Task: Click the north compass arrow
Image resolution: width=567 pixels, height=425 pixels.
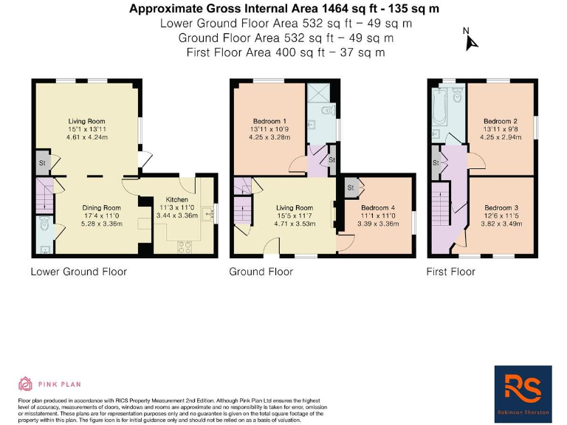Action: pos(470,41)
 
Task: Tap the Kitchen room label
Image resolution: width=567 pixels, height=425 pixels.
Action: pos(176,199)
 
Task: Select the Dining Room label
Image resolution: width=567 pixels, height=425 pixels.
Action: pos(101,208)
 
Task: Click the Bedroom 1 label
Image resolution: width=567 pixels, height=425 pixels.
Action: pos(269,121)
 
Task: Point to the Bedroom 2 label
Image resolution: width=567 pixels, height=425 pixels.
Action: pos(500,121)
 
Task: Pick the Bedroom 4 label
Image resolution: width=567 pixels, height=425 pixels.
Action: pos(377,208)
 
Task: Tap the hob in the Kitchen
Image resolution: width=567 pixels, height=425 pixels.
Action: pos(184,248)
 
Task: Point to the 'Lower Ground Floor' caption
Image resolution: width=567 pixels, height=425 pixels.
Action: pos(78,272)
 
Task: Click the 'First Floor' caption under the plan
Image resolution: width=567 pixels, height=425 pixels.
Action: pos(450,272)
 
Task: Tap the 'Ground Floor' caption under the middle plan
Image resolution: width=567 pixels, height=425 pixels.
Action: pos(261,272)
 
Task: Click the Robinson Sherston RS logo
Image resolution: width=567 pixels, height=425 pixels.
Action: pos(522,387)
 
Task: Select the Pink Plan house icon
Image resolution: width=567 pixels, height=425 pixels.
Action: pos(25,384)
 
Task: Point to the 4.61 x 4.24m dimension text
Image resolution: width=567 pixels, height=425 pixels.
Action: pos(87,137)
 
